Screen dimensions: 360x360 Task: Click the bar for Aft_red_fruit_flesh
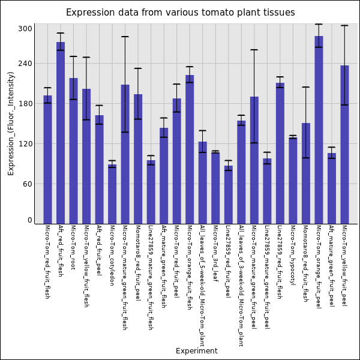point(61,133)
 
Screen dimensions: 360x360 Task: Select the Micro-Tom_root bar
point(73,151)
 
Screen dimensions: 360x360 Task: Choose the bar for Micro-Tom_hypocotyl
point(293,181)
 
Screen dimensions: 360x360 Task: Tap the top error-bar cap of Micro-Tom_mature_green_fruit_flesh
point(125,37)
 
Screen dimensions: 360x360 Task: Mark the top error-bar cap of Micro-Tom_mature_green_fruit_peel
point(254,50)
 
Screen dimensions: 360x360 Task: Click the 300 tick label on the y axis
point(25,29)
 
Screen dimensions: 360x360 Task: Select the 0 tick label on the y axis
point(29,220)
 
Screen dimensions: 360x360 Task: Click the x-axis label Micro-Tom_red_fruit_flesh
point(47,262)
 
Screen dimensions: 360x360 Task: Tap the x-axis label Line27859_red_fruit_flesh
point(280,262)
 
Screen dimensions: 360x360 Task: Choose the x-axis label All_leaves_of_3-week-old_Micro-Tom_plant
point(241,285)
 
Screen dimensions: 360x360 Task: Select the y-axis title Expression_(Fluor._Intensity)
point(11,123)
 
